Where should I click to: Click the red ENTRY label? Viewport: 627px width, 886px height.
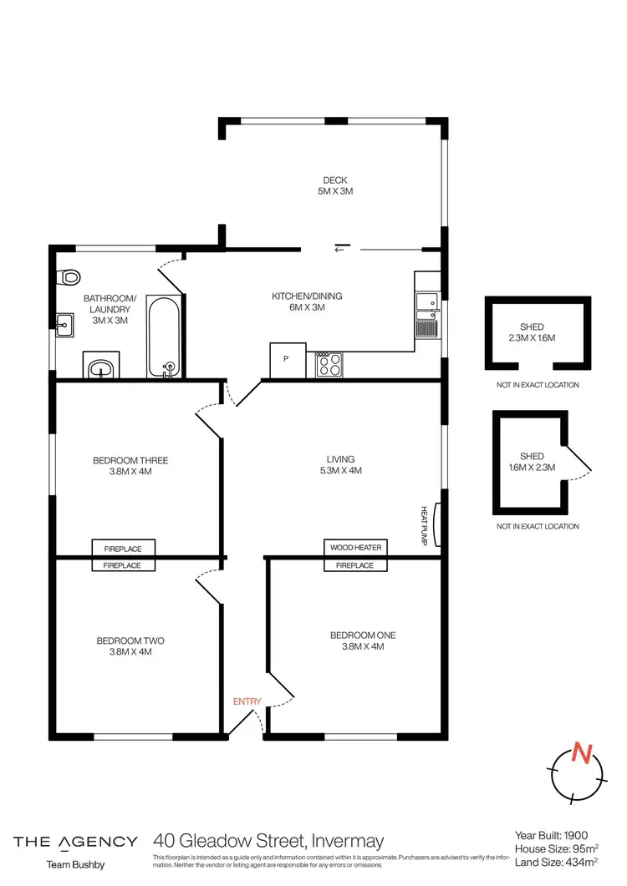(247, 701)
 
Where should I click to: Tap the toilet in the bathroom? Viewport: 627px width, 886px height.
(69, 277)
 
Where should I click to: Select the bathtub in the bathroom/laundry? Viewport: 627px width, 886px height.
(162, 336)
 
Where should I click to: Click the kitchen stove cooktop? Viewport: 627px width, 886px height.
(329, 365)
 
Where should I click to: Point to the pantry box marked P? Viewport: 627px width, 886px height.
(286, 360)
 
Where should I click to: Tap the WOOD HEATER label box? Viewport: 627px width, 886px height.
(355, 548)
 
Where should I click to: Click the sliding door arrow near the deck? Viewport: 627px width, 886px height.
(343, 248)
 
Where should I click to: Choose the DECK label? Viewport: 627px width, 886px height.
(335, 180)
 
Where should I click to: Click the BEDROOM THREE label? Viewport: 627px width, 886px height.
(130, 460)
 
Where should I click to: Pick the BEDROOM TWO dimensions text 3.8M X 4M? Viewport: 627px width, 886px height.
(130, 652)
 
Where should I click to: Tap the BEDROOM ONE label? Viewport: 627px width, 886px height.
(363, 635)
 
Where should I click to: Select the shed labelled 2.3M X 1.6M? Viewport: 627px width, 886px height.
(538, 332)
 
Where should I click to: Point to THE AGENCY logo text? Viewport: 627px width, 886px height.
(75, 841)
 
